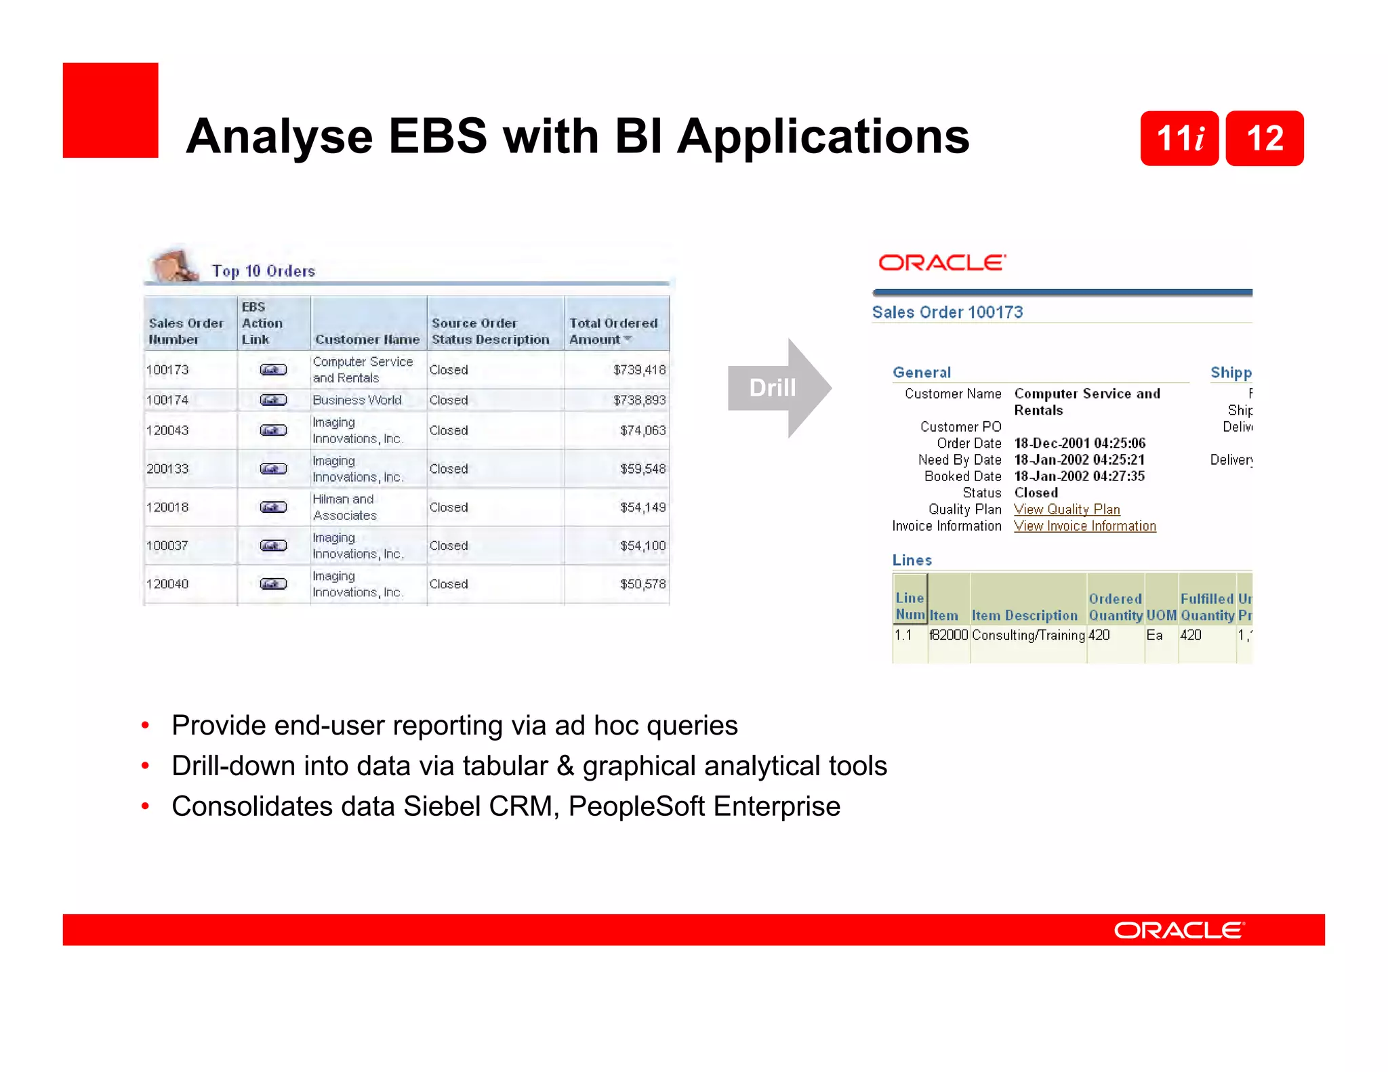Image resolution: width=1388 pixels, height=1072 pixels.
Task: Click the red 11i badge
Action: pyautogui.click(x=1179, y=138)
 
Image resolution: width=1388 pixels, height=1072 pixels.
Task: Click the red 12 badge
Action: pyautogui.click(x=1264, y=138)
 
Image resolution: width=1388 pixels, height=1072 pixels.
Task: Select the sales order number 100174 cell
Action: pyautogui.click(x=167, y=400)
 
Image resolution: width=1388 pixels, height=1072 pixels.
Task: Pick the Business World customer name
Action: pyautogui.click(x=357, y=400)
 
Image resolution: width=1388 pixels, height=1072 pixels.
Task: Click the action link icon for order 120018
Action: pyautogui.click(x=273, y=507)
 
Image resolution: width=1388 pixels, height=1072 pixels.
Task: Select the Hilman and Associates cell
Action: pyautogui.click(x=344, y=507)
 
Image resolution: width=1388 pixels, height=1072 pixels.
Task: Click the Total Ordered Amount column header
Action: pyautogui.click(x=613, y=331)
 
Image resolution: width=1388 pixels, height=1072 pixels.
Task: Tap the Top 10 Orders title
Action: pyautogui.click(x=263, y=271)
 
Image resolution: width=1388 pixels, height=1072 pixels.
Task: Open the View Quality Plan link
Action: pyautogui.click(x=1067, y=510)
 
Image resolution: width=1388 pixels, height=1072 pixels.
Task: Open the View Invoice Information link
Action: pyautogui.click(x=1084, y=526)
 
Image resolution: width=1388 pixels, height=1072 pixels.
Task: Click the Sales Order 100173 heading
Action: pyautogui.click(x=947, y=312)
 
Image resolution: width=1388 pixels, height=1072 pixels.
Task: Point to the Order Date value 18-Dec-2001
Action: pyautogui.click(x=1079, y=443)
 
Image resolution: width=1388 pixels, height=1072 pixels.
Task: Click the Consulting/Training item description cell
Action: pyautogui.click(x=1027, y=635)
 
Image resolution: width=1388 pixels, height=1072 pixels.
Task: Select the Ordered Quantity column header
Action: pyautogui.click(x=1115, y=607)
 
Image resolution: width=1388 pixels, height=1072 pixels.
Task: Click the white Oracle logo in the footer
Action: pyautogui.click(x=1179, y=930)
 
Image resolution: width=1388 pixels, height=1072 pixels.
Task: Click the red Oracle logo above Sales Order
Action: pyautogui.click(x=941, y=263)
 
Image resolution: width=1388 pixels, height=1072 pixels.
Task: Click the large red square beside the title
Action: pyautogui.click(x=110, y=110)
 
